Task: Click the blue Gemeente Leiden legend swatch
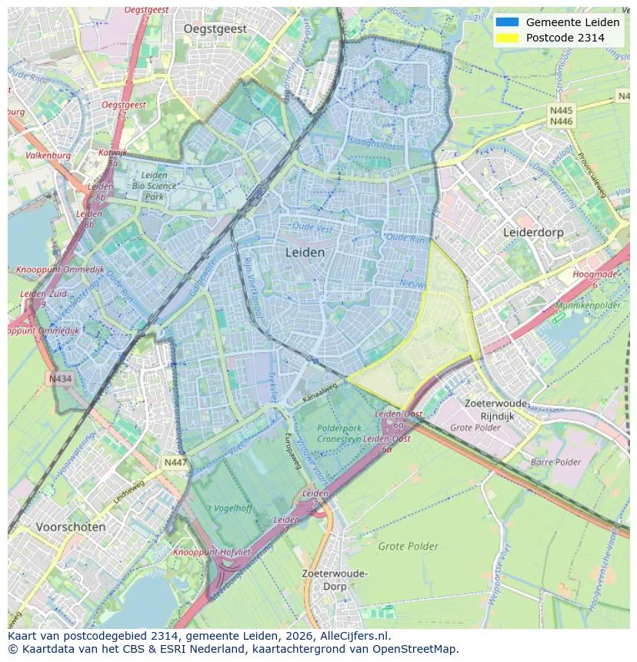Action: pyautogui.click(x=508, y=22)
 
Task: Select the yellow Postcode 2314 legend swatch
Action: pyautogui.click(x=508, y=38)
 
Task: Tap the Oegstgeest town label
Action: pyautogui.click(x=215, y=28)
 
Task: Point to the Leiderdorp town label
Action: pyautogui.click(x=533, y=231)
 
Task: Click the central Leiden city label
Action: pyautogui.click(x=305, y=252)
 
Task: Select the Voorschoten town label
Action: pyautogui.click(x=71, y=527)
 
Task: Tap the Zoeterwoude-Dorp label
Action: pyautogui.click(x=335, y=580)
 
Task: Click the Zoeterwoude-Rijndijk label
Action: pyautogui.click(x=497, y=409)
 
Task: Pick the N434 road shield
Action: pyautogui.click(x=60, y=378)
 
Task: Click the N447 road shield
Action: pyautogui.click(x=175, y=462)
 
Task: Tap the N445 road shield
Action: pyautogui.click(x=561, y=111)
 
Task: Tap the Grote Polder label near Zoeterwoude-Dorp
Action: pyautogui.click(x=408, y=547)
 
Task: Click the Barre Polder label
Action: pyautogui.click(x=555, y=462)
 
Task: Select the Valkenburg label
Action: pyautogui.click(x=48, y=155)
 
